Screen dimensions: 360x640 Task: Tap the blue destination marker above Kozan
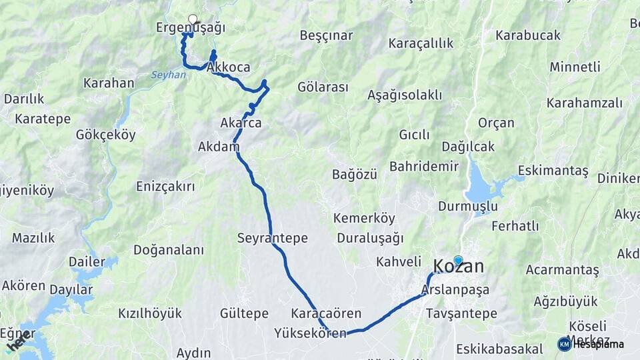[x=458, y=260]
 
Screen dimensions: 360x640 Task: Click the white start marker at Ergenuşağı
[x=193, y=19]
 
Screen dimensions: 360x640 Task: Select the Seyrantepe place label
[x=272, y=238]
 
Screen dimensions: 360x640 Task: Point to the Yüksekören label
[x=310, y=333]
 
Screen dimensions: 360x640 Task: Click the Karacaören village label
[x=326, y=313]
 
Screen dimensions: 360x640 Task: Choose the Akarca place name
[x=241, y=123]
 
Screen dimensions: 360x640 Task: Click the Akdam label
[x=218, y=147]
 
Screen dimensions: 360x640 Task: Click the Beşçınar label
[x=326, y=35]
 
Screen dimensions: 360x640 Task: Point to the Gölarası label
[x=323, y=87]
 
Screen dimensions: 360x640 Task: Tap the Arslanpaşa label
[x=455, y=290]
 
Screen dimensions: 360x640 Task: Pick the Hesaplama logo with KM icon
[x=591, y=344]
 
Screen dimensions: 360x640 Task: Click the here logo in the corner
[x=17, y=342]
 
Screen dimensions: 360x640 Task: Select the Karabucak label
[x=528, y=35]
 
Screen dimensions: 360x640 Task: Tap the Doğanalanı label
[x=168, y=250]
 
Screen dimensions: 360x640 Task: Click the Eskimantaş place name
[x=553, y=171]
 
